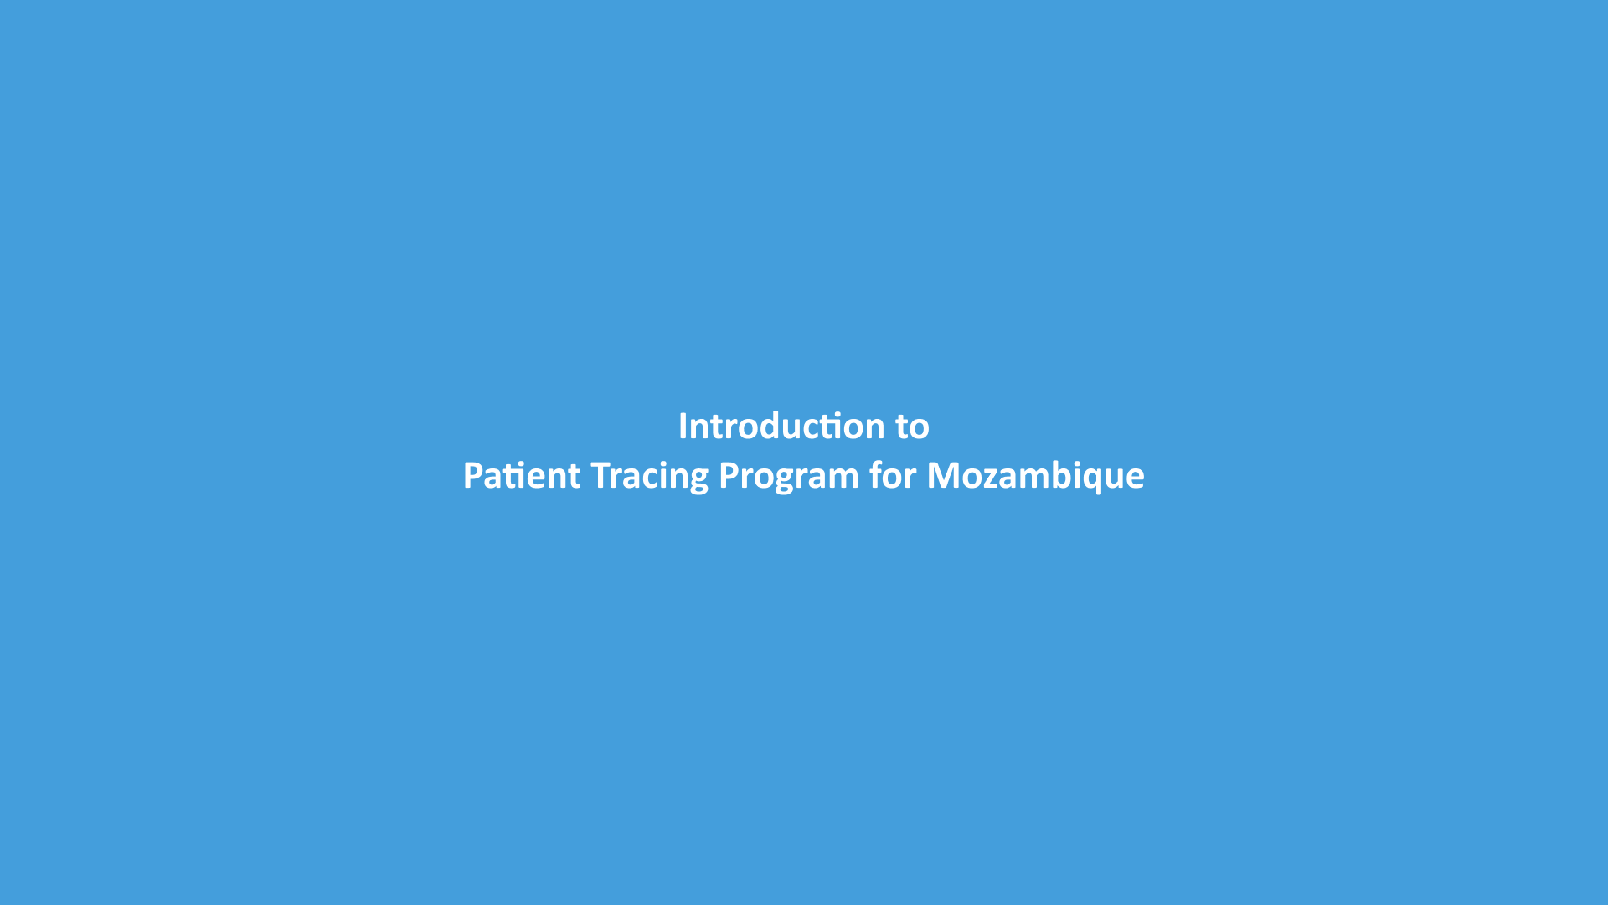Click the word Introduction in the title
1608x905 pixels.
point(782,427)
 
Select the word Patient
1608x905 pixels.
point(522,476)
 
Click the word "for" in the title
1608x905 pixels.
point(893,475)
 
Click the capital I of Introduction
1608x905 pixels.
point(683,427)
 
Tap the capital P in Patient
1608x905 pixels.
point(473,476)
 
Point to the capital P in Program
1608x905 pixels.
point(729,476)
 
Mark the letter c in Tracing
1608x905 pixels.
point(649,480)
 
